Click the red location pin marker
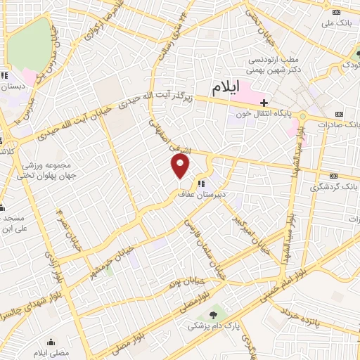coord(181,167)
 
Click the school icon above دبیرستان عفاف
coord(191,184)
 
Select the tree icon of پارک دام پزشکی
coord(213,313)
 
